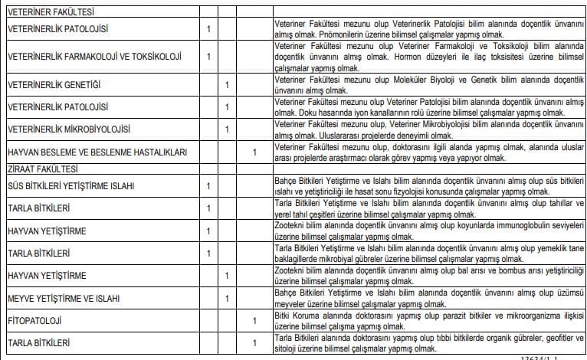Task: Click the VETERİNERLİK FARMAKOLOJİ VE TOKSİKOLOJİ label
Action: pyautogui.click(x=93, y=56)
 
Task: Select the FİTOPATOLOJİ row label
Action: pyautogui.click(x=34, y=319)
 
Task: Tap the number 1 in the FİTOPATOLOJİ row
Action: pyautogui.click(x=254, y=319)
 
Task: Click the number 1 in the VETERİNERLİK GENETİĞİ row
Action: pyautogui.click(x=226, y=83)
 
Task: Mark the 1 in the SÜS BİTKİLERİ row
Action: pyautogui.click(x=208, y=185)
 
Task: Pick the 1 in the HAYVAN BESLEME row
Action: pyautogui.click(x=254, y=152)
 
